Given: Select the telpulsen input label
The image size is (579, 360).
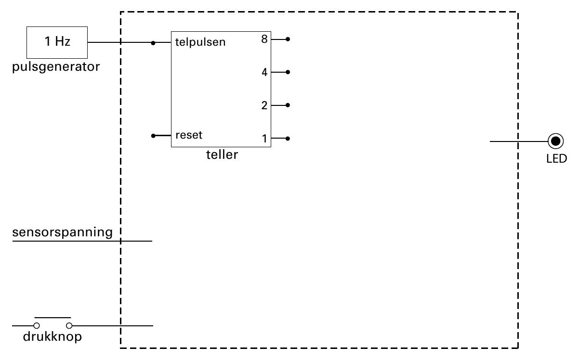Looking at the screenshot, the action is pos(200,42).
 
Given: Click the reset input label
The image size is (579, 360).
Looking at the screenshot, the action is pos(189,135).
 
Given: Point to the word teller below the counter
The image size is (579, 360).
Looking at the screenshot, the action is pos(222,154).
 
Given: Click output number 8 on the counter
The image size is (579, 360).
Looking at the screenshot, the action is pos(264,39).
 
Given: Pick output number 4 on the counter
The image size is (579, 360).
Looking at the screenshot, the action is pos(264,72).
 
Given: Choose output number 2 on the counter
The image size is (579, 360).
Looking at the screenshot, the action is pos(264,105).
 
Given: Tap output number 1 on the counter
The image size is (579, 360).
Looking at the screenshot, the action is pos(264,139).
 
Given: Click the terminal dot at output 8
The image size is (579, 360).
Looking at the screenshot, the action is pos(288,39).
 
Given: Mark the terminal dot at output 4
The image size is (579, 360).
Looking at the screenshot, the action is pos(288,72).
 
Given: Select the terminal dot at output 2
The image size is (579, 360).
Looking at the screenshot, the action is pos(288,105).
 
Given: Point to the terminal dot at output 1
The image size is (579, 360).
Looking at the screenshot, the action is pos(288,139).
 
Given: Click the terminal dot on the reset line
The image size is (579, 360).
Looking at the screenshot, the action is pos(153,136).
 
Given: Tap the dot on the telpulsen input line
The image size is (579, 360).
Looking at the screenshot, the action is pos(153,43).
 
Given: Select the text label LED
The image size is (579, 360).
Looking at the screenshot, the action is pos(556,158).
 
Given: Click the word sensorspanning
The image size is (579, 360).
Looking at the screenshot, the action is pos(62,232).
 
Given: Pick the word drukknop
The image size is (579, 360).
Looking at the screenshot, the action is pos(52,337).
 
